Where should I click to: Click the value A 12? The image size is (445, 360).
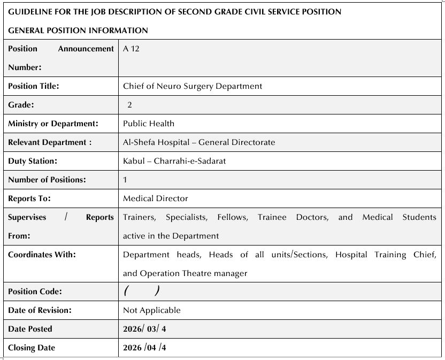point(131,49)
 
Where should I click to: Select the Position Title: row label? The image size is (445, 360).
point(33,86)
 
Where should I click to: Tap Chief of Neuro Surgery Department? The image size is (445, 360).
point(193,86)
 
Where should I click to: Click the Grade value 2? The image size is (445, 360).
point(130,105)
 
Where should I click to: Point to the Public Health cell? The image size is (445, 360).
point(149,124)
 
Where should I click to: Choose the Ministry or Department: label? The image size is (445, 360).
point(53,124)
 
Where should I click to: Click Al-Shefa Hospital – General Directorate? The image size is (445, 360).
point(199,142)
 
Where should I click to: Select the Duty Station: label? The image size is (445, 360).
point(32,161)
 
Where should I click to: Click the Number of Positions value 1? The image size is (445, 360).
point(125,180)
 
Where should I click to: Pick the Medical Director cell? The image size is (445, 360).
point(156,198)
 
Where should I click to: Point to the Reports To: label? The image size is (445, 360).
point(29,198)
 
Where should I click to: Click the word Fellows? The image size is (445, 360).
point(232,217)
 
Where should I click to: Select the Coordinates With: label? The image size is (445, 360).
point(42,255)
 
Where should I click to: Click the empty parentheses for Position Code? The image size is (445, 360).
point(141,291)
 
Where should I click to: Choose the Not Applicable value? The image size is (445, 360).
point(152,310)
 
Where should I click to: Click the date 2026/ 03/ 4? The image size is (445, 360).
point(144,329)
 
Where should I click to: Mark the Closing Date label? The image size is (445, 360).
point(32,348)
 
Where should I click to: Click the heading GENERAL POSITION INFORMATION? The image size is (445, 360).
point(78,30)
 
